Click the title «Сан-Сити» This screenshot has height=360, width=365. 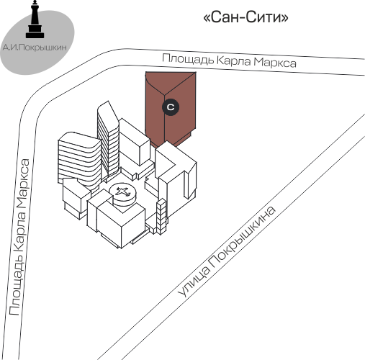click(x=245, y=17)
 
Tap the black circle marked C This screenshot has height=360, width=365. click(x=171, y=107)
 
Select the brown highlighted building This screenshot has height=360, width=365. click(x=171, y=108)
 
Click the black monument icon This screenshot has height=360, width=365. click(x=35, y=19)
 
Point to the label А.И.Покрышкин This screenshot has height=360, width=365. click(x=35, y=48)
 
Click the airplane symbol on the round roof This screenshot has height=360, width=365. click(x=122, y=192)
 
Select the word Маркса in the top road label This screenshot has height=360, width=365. click(x=275, y=62)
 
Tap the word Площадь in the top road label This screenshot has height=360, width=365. click(x=188, y=59)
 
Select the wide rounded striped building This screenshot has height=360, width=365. click(x=79, y=158)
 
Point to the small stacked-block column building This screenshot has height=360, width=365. click(x=161, y=217)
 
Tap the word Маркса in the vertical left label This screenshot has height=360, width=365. click(x=23, y=183)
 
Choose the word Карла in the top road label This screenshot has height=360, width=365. click(x=234, y=60)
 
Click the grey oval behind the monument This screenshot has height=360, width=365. click(x=37, y=42)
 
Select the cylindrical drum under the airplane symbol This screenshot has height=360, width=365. click(x=123, y=196)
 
